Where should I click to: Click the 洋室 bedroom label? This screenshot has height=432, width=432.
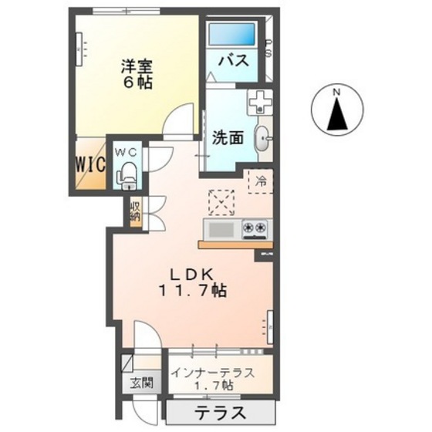click(137, 66)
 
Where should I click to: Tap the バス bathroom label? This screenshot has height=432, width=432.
click(234, 60)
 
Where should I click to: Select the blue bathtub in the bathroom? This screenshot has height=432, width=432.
click(232, 34)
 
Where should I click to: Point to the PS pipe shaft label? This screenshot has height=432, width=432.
click(268, 48)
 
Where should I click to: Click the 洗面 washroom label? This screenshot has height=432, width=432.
click(228, 137)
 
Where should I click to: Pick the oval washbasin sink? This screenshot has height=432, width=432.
click(262, 139)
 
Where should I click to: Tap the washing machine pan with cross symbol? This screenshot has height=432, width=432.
click(260, 103)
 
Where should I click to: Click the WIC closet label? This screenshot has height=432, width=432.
click(91, 164)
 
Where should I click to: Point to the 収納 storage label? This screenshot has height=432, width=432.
click(136, 211)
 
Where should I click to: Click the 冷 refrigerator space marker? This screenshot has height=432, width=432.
click(261, 181)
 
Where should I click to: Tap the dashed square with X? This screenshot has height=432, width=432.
click(221, 202)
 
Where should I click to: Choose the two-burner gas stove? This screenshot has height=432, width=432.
click(255, 229)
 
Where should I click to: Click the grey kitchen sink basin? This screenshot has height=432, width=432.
click(221, 230)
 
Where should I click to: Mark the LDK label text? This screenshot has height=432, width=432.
click(192, 274)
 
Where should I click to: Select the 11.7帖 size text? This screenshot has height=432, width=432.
click(192, 290)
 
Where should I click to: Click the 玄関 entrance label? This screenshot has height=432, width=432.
click(142, 383)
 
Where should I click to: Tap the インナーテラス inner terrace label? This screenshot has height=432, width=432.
click(212, 373)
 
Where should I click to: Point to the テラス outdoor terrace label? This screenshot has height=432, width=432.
click(220, 413)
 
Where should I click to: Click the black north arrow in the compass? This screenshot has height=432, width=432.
click(337, 113)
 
